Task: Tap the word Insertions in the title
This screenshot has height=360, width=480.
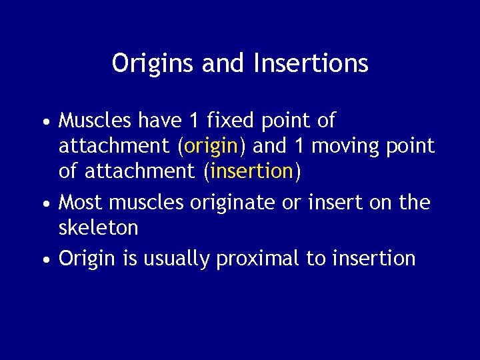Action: pyautogui.click(x=311, y=64)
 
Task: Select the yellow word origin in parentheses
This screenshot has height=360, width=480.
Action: pyautogui.click(x=211, y=146)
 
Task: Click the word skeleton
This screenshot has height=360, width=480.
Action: pyautogui.click(x=99, y=228)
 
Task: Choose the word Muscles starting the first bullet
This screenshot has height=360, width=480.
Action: pyautogui.click(x=95, y=121)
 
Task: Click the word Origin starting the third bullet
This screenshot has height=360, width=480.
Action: pyautogui.click(x=87, y=259)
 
